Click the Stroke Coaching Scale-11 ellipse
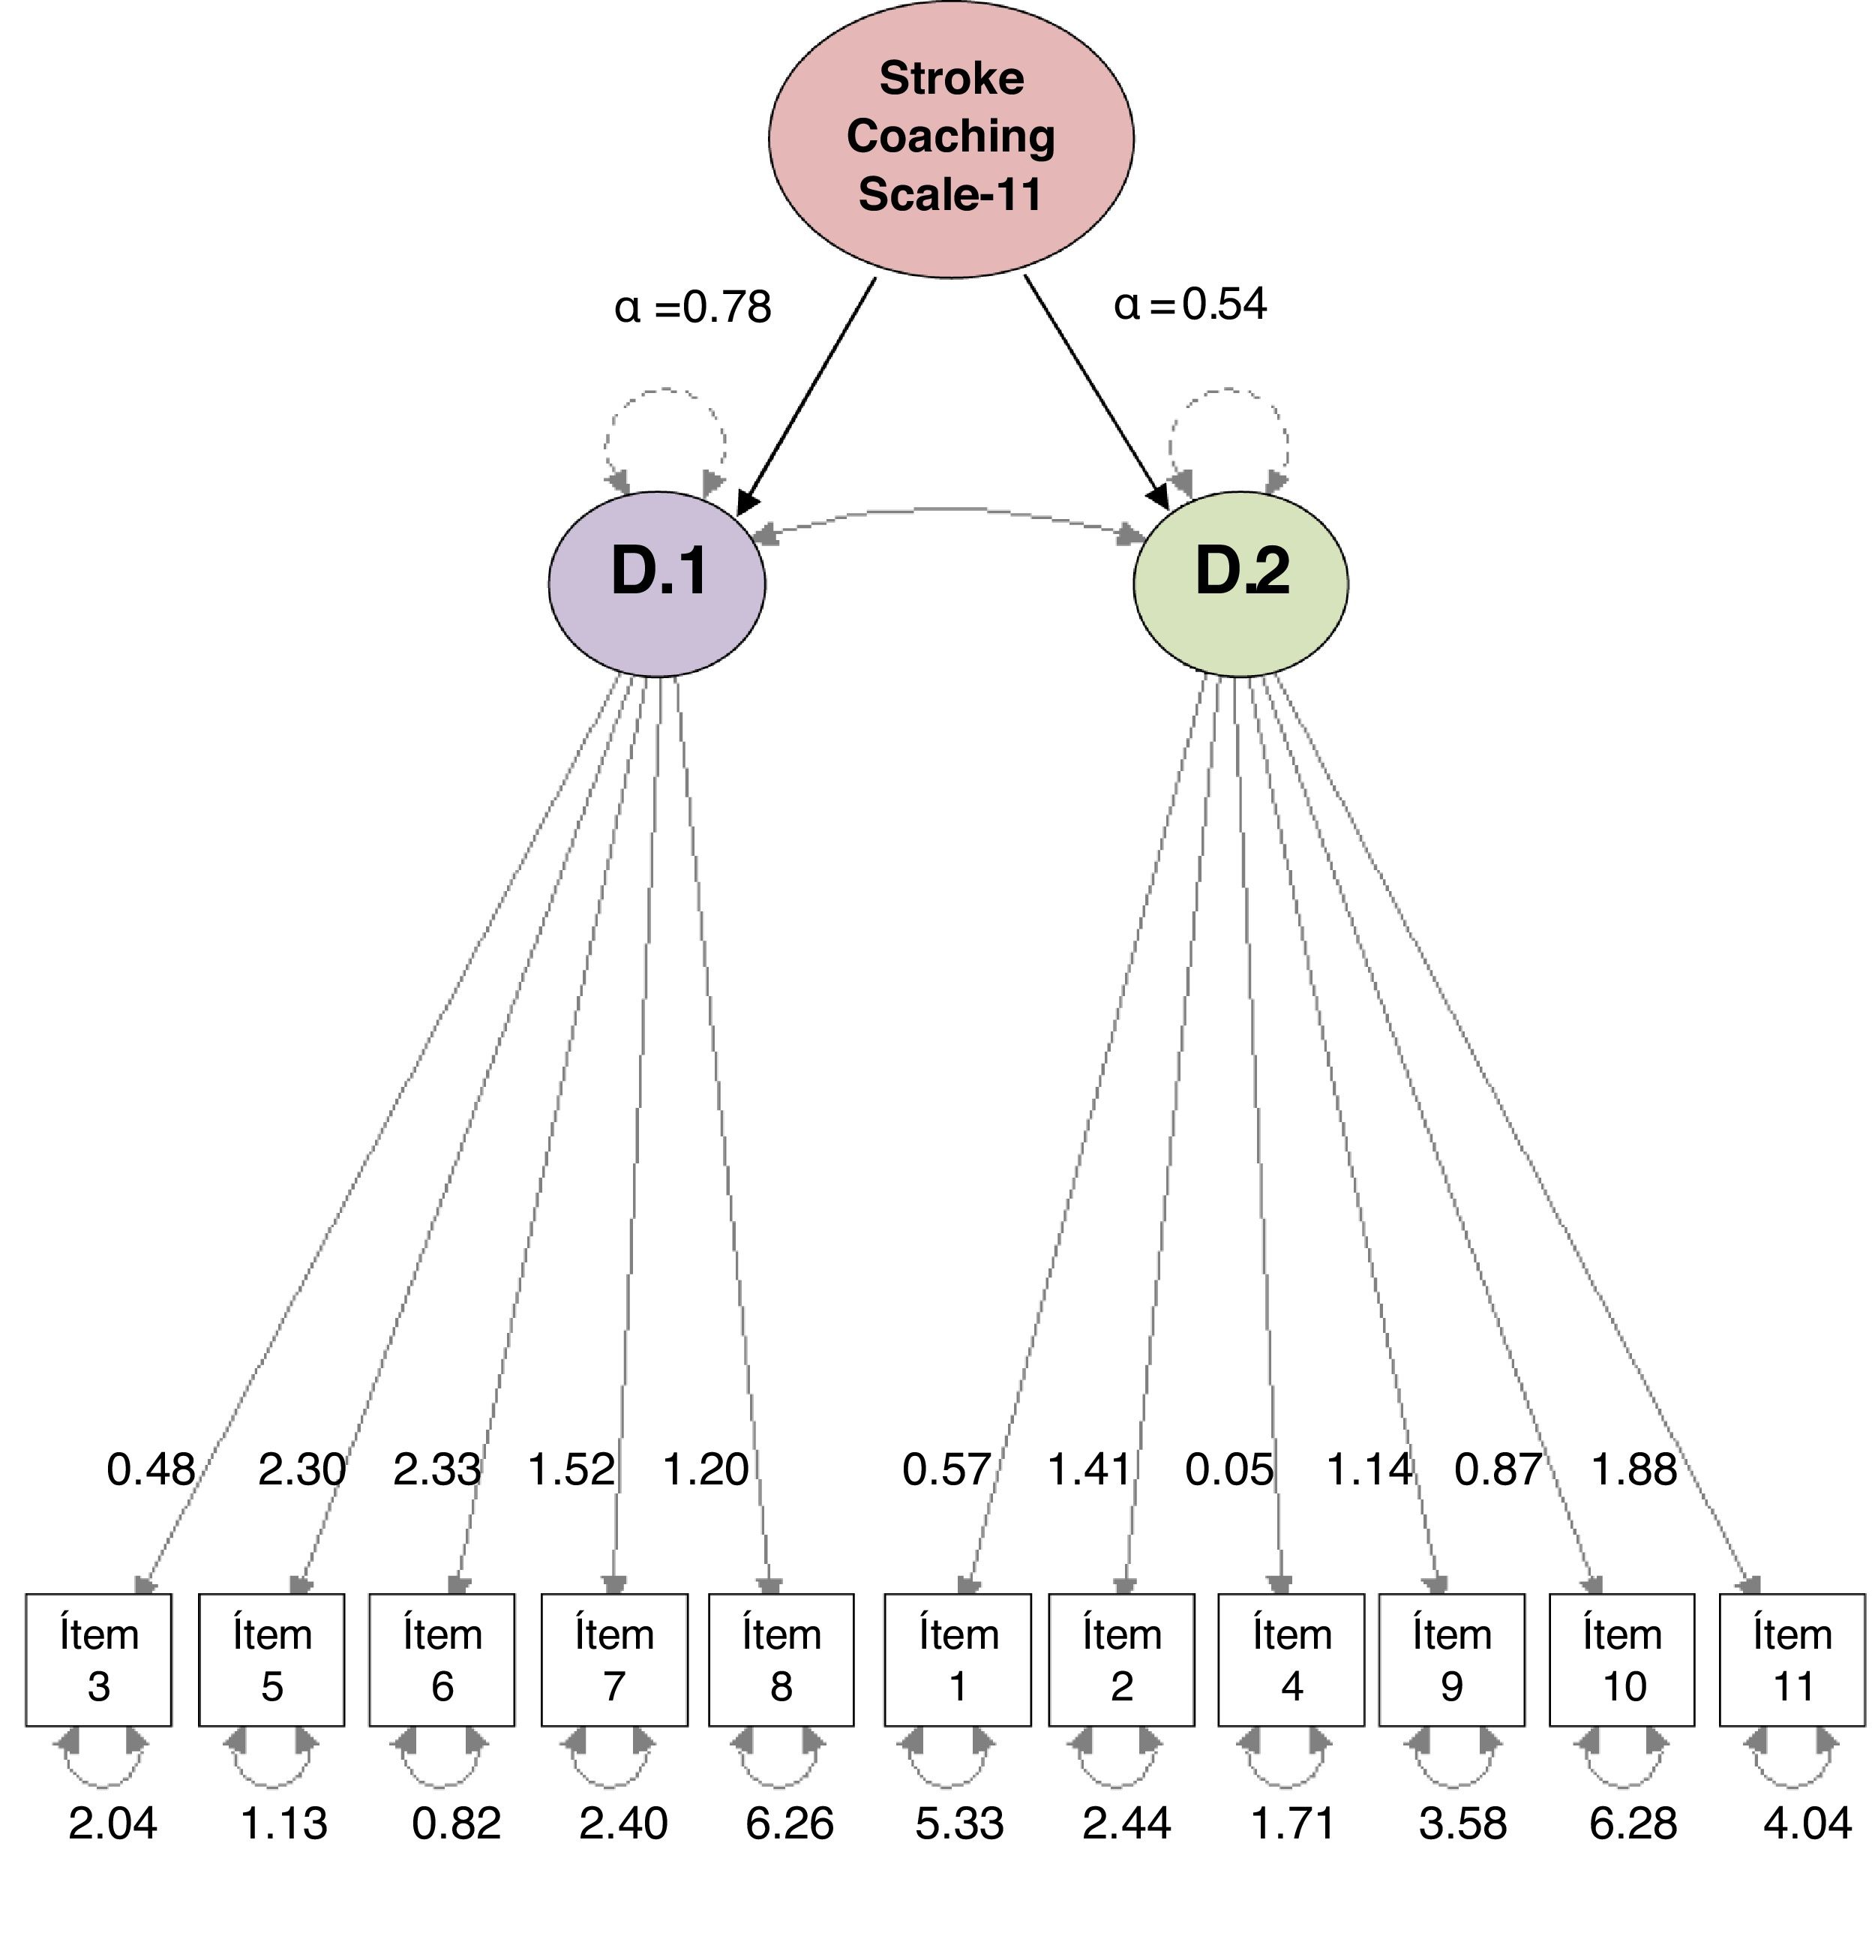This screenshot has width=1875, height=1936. [950, 138]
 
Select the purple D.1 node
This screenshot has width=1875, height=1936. [657, 583]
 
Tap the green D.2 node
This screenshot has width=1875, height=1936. [1240, 583]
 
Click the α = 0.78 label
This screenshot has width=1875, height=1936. [692, 308]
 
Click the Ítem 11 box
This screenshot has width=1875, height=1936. [1792, 1659]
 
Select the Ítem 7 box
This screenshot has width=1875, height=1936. [614, 1659]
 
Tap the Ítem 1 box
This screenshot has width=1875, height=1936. [957, 1659]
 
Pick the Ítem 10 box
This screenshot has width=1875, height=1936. [1622, 1659]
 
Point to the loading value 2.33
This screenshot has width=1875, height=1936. [436, 1469]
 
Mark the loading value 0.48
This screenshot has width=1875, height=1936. [150, 1469]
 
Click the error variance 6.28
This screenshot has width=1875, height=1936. [1632, 1823]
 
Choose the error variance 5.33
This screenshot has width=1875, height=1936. [959, 1823]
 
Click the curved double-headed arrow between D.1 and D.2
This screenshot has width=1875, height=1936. [948, 509]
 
